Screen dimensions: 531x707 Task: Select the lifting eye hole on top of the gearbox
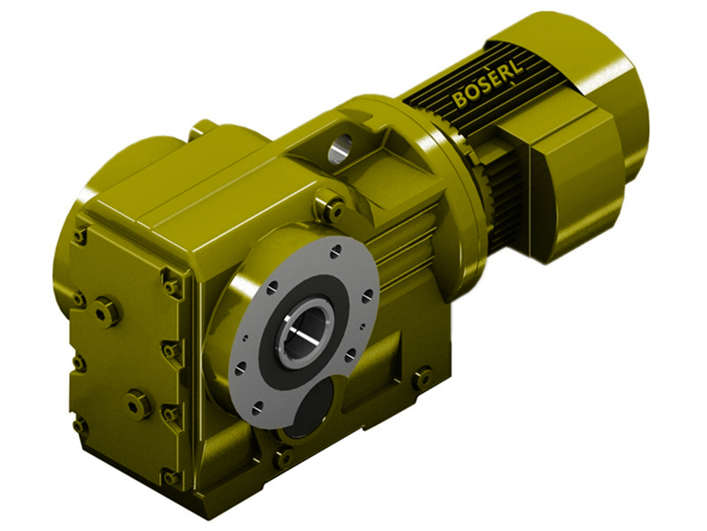coord(339,151)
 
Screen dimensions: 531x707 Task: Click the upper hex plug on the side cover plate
coord(107,311)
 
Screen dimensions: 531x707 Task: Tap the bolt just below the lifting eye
coord(333,211)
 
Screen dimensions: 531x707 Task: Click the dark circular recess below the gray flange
coord(311,411)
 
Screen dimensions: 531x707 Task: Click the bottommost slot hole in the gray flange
coord(258,408)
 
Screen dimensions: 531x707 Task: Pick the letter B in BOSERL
coord(460,99)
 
